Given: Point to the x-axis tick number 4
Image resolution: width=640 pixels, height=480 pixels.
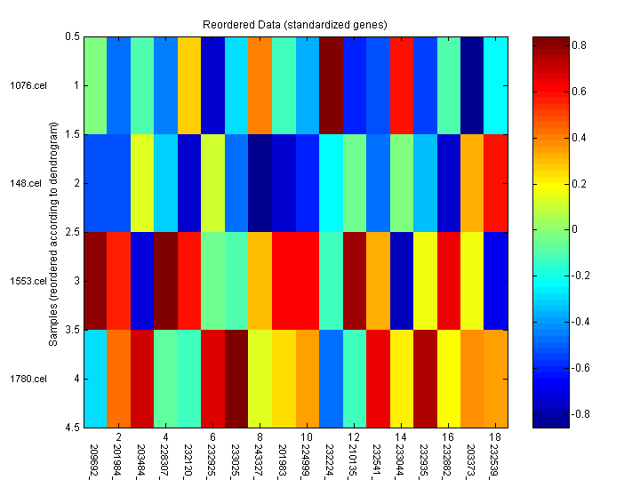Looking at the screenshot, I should (x=165, y=438).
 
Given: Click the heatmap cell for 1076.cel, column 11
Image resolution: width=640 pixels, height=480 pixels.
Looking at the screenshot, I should (x=331, y=85).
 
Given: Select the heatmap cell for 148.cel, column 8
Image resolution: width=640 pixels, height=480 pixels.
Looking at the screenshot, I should (x=260, y=183).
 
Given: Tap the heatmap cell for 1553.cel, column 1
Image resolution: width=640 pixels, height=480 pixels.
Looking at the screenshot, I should (x=96, y=281).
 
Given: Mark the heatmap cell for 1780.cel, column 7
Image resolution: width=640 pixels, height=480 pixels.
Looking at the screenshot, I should (x=236, y=379).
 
